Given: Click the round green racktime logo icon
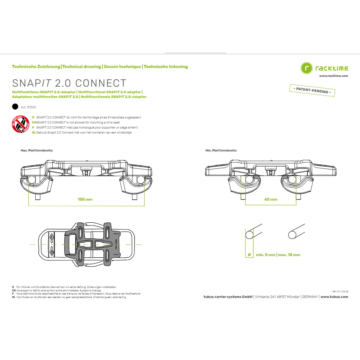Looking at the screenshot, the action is [x=306, y=68].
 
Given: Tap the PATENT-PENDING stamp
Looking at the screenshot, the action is [x=312, y=90].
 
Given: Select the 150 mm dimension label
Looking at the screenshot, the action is [x=85, y=199].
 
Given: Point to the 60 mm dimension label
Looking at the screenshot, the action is [x=271, y=199].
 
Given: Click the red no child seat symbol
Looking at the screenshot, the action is [x=21, y=124].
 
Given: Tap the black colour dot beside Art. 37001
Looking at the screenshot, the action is [x=15, y=107].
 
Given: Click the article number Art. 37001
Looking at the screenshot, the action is [x=28, y=107].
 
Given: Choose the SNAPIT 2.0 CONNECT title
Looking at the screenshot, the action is [x=69, y=83].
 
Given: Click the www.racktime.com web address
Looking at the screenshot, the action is [x=334, y=76].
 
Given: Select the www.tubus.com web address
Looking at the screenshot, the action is [x=334, y=297].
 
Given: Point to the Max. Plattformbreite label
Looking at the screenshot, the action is [x=37, y=150].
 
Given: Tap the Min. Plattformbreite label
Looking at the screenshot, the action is [x=221, y=150].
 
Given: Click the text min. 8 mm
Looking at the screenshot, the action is [x=266, y=254].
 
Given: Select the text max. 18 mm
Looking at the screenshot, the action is [x=289, y=254].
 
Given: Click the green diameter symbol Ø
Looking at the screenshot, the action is [x=249, y=254].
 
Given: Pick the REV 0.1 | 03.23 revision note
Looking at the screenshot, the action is [x=340, y=292].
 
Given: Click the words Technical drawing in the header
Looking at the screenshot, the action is [x=82, y=66].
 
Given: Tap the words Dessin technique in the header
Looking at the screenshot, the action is [x=123, y=66].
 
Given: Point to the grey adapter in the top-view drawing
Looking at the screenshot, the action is [x=93, y=244].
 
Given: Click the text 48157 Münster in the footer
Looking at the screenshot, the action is [x=288, y=297].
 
